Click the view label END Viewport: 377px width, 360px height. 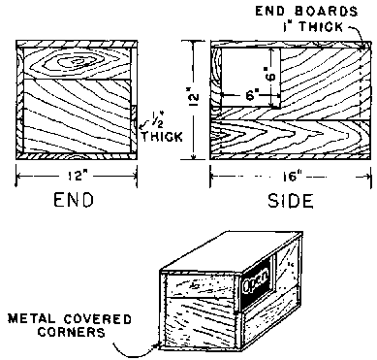[74, 200]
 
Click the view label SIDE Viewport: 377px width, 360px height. [291, 201]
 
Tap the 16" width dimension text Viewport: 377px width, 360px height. [291, 177]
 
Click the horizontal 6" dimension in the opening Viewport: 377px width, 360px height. [251, 95]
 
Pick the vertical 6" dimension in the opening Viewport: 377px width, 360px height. [270, 74]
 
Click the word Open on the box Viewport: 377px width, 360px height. [256, 280]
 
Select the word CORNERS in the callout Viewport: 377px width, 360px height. [72, 332]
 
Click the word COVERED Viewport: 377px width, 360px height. [97, 319]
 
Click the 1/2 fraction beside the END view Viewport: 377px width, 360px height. [156, 120]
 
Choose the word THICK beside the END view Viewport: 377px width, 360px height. [161, 136]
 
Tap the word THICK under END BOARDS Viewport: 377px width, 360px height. [320, 26]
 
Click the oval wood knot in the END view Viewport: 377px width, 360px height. [77, 61]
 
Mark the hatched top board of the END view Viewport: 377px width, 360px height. [77, 45]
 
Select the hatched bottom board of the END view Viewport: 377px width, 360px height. [77, 156]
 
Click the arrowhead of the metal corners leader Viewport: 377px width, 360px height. [156, 345]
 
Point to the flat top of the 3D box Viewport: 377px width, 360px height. [232, 252]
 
